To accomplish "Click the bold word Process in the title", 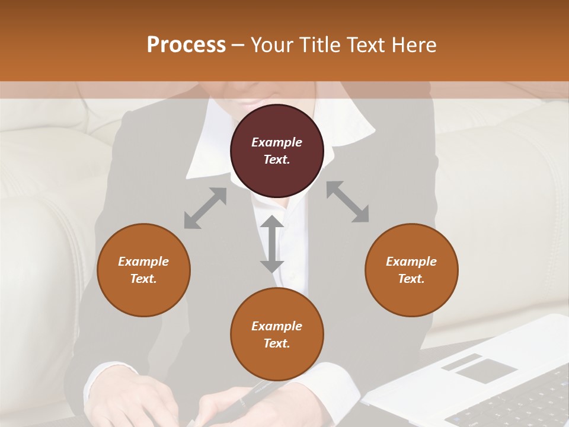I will pos(186,45).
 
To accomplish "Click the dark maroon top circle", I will pos(277,172).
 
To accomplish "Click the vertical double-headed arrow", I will pos(272,244).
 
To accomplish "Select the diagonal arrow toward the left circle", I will pos(205,208).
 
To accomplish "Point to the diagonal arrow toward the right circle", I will pos(347,202).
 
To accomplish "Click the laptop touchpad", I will pos(487,371).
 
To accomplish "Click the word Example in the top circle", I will pos(277,142).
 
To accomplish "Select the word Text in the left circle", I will pos(143,279).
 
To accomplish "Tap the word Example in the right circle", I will pos(411,262).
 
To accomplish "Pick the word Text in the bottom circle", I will pos(277,343).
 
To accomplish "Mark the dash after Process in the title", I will pos(238,45).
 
